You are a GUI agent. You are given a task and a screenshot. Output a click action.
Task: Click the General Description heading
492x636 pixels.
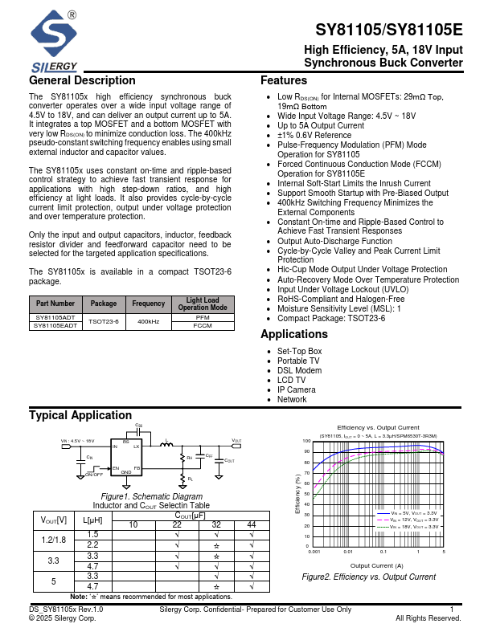point(82,81)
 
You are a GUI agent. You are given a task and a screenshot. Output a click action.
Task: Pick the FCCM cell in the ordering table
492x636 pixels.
point(203,325)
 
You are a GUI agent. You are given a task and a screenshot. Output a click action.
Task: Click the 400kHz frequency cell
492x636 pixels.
point(149,322)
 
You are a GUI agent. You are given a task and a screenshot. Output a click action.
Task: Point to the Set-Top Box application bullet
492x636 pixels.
point(299,352)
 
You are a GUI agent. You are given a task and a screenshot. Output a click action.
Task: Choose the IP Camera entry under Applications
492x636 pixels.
point(297,389)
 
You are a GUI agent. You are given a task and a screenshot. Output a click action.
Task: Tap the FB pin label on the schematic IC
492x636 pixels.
point(137,467)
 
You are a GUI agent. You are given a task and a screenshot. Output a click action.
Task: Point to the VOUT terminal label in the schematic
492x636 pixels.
point(236,441)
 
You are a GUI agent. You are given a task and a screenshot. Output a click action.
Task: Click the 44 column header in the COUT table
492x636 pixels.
point(252,524)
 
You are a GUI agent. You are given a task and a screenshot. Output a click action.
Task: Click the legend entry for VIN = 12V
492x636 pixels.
point(413,520)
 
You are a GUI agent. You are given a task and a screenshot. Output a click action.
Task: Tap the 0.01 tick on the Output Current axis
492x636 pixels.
point(347,552)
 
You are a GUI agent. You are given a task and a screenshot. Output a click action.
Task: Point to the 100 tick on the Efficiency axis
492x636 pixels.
point(306,442)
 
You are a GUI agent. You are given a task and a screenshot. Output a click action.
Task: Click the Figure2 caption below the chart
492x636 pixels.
point(368,577)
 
